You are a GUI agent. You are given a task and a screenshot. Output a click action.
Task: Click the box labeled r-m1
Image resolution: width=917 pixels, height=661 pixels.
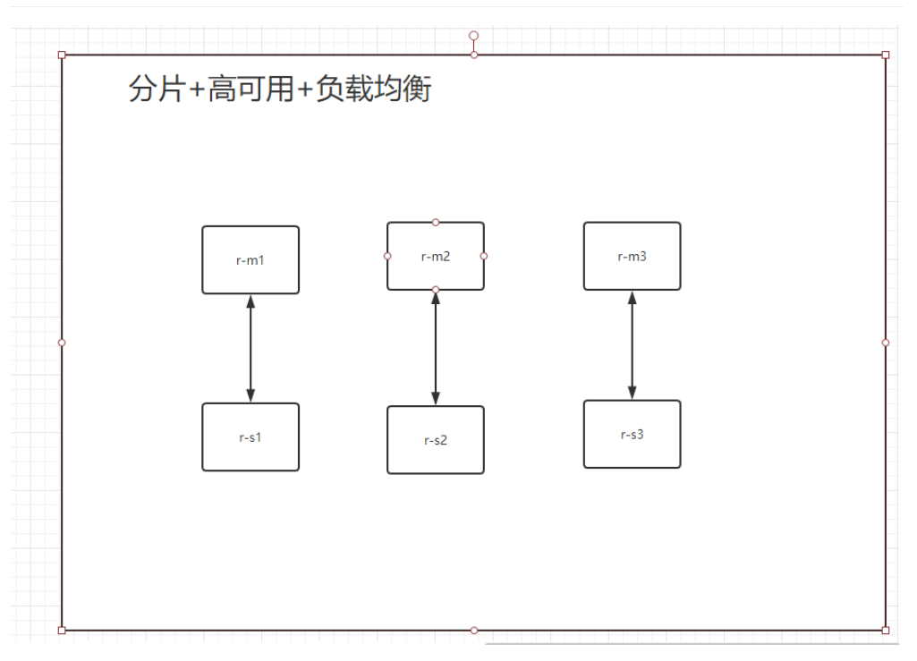(x=250, y=260)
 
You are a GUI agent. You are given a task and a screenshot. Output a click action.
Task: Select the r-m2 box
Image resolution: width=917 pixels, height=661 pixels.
(x=436, y=257)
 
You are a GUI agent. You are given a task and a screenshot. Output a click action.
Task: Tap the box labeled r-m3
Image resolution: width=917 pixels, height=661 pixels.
(x=632, y=257)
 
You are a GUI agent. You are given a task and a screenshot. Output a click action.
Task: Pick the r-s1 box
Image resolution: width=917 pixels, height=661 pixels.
(x=250, y=437)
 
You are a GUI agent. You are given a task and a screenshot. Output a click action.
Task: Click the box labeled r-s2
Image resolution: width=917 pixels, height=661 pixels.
(x=436, y=440)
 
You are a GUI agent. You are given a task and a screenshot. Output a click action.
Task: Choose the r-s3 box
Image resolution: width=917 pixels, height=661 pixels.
(x=632, y=435)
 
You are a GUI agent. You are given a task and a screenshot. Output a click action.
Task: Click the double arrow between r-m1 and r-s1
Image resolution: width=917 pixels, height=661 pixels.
(x=250, y=349)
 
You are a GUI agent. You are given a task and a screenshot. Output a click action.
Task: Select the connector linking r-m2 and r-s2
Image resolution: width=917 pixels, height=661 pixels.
(x=436, y=349)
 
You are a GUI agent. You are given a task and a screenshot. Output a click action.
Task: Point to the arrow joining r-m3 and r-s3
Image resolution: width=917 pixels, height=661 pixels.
(x=632, y=345)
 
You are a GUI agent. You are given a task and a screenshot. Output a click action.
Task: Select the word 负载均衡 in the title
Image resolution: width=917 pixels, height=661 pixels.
(x=374, y=89)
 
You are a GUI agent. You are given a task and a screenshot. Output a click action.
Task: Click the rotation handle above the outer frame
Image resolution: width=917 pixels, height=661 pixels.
(x=474, y=36)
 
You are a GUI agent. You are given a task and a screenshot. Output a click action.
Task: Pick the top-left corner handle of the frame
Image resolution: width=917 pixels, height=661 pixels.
(x=62, y=55)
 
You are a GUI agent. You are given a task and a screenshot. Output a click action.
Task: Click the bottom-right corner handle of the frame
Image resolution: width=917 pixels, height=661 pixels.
(x=886, y=631)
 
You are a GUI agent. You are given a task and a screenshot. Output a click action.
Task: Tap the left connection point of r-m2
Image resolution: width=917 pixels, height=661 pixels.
(x=387, y=256)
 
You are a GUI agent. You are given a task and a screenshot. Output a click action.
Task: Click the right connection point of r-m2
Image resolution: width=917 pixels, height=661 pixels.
(x=484, y=256)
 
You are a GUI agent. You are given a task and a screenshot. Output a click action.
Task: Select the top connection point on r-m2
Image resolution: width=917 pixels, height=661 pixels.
(x=436, y=222)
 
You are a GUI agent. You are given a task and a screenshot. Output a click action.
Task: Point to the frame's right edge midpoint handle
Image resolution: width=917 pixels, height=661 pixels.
(x=886, y=343)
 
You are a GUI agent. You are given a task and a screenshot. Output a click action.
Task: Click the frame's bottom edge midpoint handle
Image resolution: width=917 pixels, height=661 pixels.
(x=474, y=631)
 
